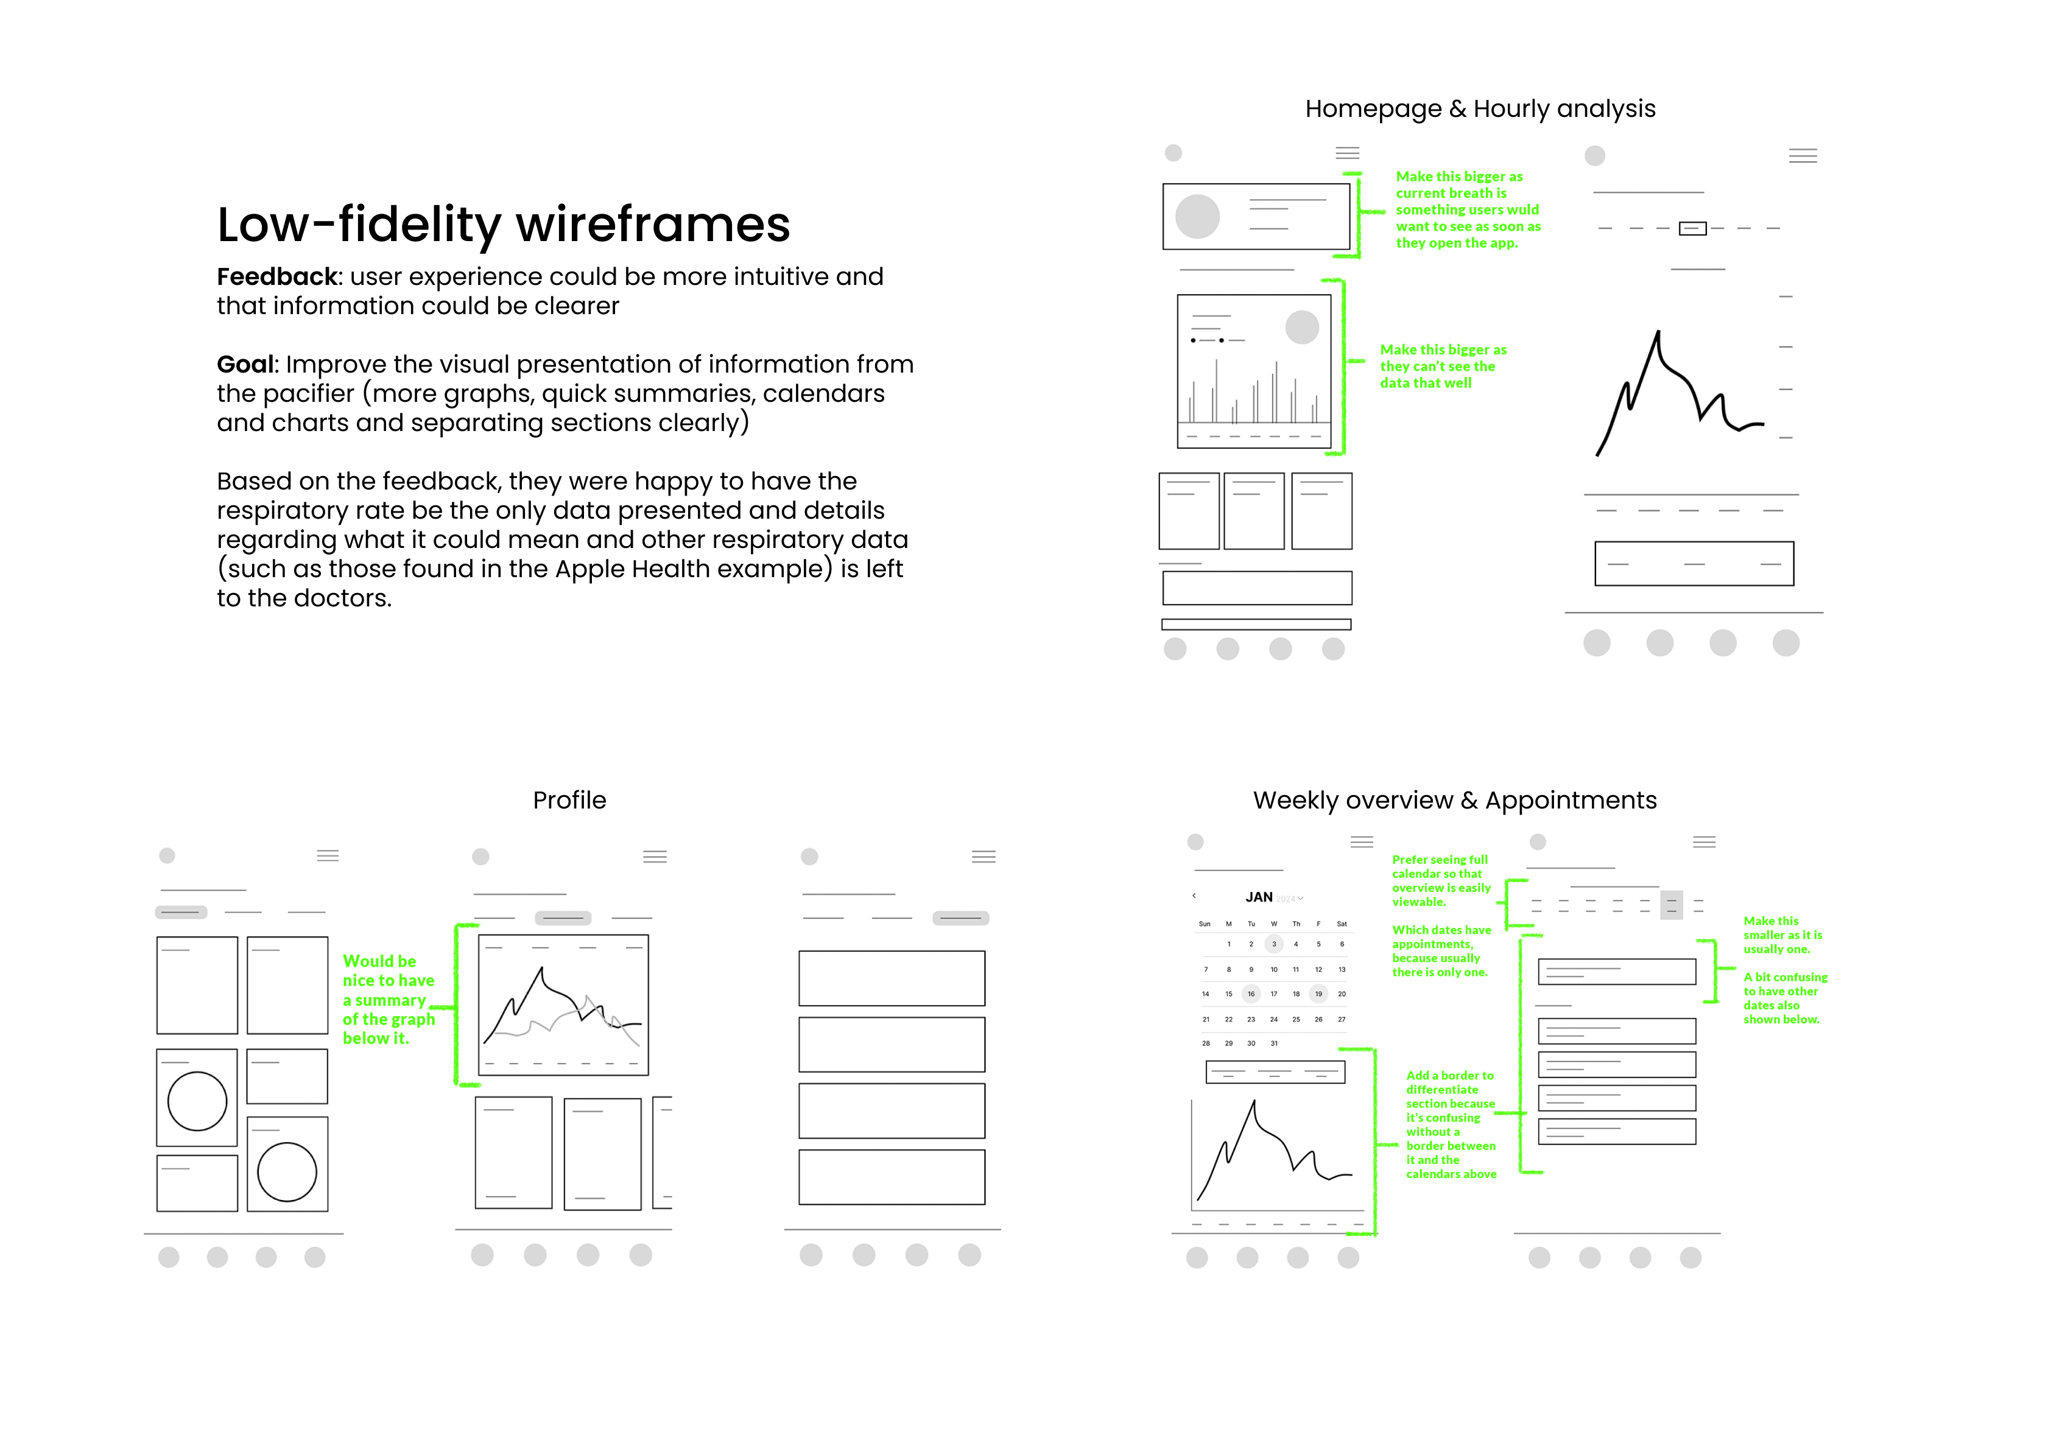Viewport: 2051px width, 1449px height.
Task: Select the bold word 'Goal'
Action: (245, 365)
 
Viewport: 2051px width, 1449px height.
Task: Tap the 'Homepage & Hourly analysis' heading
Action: (1479, 109)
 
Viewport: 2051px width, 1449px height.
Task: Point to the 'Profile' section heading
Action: (569, 801)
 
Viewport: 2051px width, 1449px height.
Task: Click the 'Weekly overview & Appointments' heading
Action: (1454, 801)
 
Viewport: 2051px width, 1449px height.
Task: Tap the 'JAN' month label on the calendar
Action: (1259, 897)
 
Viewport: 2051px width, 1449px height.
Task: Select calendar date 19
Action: (1318, 994)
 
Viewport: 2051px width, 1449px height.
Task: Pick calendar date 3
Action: (1274, 943)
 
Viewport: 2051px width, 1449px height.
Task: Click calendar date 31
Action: (1274, 1042)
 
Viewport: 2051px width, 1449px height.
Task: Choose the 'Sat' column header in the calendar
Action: (1341, 924)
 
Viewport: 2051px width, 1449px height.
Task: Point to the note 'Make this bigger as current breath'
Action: (1467, 210)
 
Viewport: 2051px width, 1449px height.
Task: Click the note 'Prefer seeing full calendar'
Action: (1440, 881)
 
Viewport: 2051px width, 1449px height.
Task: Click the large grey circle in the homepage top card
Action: (1197, 216)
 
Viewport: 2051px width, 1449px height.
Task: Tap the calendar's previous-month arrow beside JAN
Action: (1194, 895)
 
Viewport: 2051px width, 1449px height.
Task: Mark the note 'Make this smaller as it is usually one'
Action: (1781, 935)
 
